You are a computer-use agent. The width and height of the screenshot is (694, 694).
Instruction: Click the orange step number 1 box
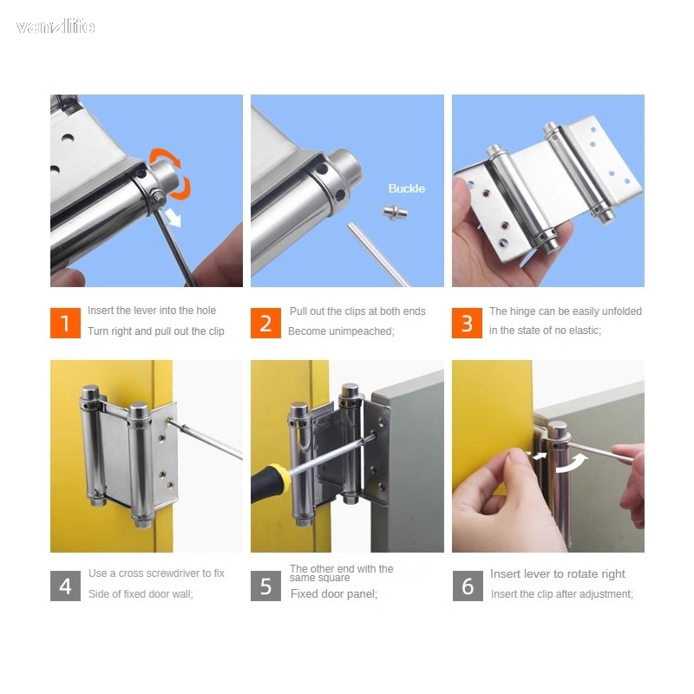point(65,324)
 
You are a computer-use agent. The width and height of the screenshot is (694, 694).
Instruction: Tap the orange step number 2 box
point(265,324)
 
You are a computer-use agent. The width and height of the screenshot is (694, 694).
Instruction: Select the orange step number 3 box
point(467,324)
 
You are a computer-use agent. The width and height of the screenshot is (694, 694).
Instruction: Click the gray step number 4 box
point(65,586)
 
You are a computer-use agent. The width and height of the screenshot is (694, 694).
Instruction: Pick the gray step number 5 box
point(265,586)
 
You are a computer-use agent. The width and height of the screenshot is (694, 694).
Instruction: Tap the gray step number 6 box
point(467,586)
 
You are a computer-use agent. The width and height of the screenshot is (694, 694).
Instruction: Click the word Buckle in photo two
point(406,188)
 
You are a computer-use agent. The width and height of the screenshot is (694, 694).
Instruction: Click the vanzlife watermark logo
point(56,27)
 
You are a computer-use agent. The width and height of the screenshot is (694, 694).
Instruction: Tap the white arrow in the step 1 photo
point(176,218)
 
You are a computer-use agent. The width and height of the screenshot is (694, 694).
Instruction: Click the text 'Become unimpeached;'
point(341,331)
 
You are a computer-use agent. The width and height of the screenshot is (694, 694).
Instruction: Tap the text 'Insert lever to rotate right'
point(557,574)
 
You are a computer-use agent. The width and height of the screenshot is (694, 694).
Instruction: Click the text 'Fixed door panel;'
point(334,594)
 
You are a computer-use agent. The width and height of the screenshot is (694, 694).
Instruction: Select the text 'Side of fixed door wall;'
point(141,594)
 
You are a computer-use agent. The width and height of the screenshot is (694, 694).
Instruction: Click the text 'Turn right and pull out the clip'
point(155,331)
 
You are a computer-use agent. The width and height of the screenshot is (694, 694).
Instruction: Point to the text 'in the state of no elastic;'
point(545,331)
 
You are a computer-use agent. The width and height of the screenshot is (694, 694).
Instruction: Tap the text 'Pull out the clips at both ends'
point(357,311)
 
